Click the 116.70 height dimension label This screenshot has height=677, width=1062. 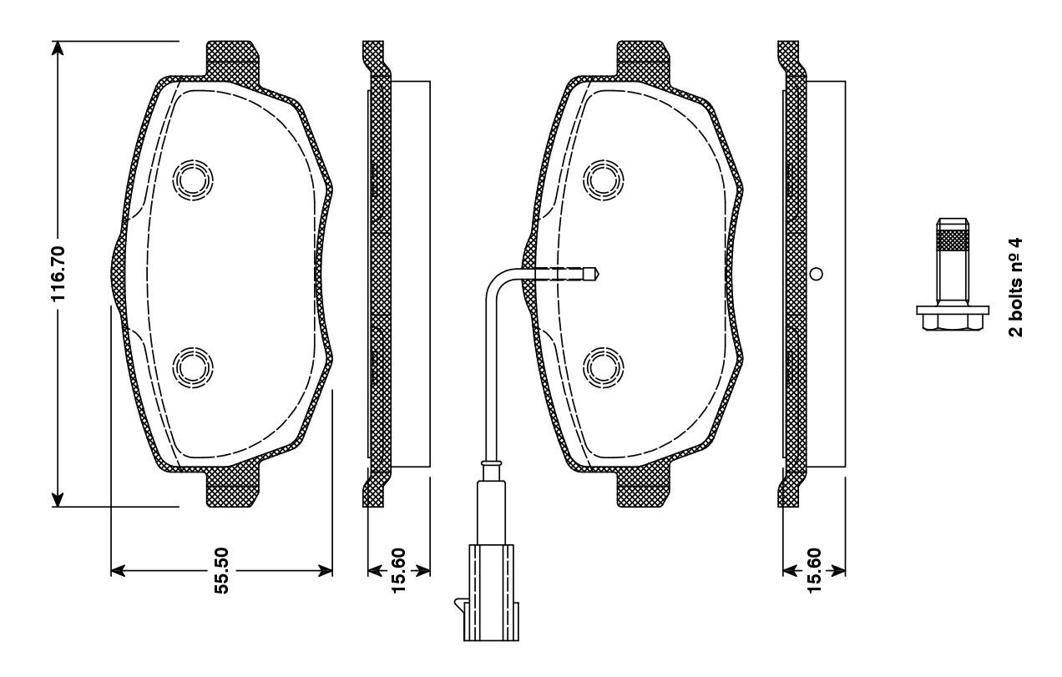tap(58, 274)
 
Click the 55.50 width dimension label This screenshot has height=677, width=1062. tap(221, 570)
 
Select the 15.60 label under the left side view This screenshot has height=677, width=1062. tap(399, 570)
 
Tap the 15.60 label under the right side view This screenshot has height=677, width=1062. tap(813, 570)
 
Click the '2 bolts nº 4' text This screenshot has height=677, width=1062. tap(1015, 287)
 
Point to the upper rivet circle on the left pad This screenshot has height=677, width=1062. tap(193, 180)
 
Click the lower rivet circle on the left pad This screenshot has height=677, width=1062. tap(193, 367)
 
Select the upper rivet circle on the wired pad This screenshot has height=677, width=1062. tap(604, 180)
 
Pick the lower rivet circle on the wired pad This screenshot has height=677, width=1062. tap(604, 367)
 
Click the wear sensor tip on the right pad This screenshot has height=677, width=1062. tap(591, 274)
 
